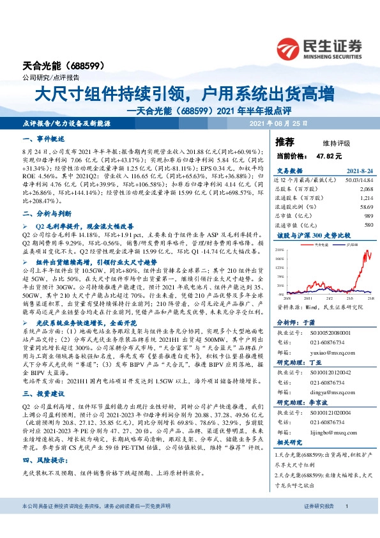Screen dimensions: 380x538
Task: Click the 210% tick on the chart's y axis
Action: (280, 250)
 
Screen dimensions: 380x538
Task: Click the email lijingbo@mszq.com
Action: (324, 415)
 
